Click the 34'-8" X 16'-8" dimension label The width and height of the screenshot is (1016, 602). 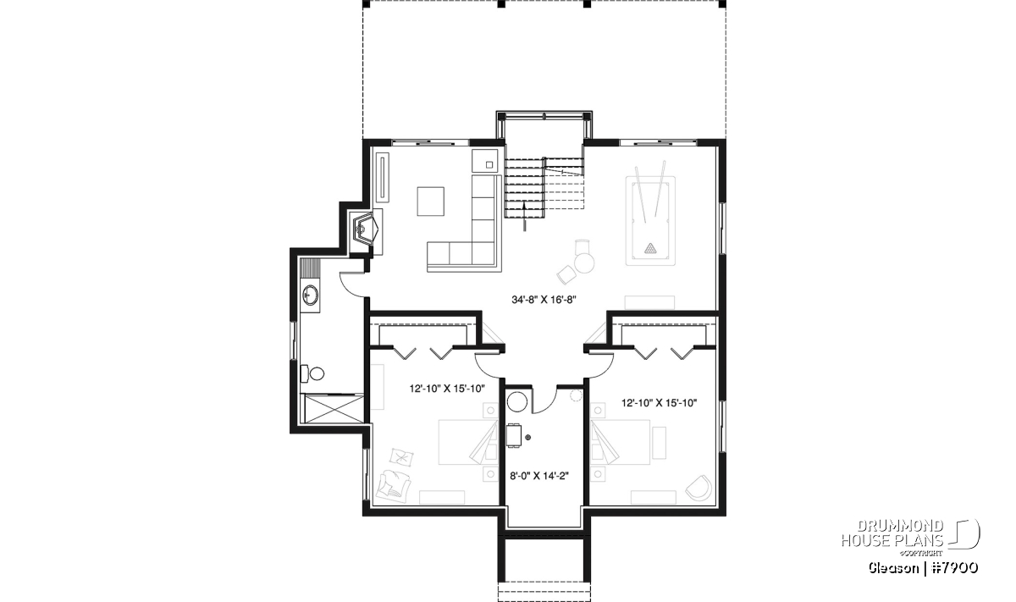point(544,300)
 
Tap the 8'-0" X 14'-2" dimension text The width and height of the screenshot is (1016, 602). point(539,476)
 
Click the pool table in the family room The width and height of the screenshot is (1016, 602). point(650,221)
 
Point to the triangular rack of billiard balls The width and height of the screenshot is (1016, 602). point(650,248)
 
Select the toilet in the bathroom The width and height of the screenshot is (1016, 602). point(312,373)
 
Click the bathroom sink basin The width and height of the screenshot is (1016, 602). point(310,295)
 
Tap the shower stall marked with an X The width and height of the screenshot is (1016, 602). point(334,409)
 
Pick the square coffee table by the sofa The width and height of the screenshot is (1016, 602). point(430,201)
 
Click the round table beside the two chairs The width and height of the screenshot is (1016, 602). point(584,262)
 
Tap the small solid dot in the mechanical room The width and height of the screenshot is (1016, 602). point(527,438)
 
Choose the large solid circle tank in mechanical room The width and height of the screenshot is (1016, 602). point(517,401)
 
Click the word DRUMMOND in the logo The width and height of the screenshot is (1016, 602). point(900,526)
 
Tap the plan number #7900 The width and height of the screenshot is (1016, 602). point(955,568)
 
